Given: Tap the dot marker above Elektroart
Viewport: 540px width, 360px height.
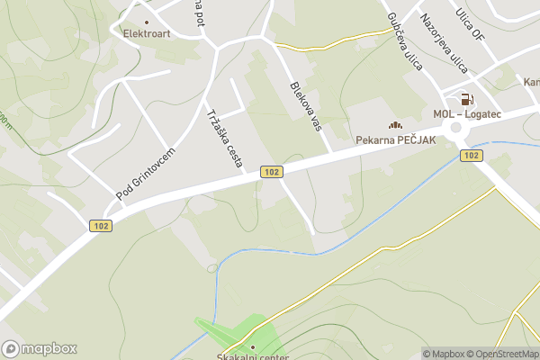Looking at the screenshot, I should click(147, 20).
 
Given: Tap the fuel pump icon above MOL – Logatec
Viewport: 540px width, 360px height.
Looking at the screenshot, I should click(466, 99).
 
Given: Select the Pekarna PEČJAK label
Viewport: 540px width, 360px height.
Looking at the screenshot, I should click(396, 139).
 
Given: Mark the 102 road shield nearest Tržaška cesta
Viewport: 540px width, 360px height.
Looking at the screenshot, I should click(270, 171).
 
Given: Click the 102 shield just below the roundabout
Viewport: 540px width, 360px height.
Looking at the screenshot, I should click(470, 156).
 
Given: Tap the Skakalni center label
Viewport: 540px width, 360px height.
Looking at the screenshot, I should click(252, 356).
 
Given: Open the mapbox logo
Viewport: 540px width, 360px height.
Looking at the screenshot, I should click(39, 348).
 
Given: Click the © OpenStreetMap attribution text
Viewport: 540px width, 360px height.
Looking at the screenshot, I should click(502, 354).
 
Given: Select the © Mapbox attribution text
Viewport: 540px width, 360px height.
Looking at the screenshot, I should click(443, 354).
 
